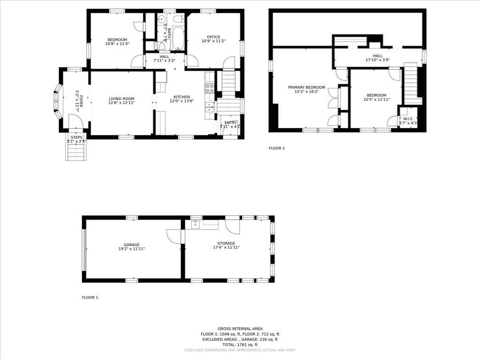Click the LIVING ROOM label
tap(121, 99)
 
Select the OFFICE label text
tap(214, 37)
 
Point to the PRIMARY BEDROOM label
tap(306, 87)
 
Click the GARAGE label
tap(132, 245)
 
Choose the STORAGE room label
tap(226, 243)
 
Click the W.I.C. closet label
tap(407, 119)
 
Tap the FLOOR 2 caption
tap(277, 148)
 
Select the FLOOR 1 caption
tap(90, 297)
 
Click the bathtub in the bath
tap(179, 38)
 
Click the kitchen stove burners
tap(210, 89)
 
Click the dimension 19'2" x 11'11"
tap(132, 249)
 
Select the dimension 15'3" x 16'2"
tap(306, 92)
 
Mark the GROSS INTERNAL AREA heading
tap(240, 329)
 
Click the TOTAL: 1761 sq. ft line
tap(240, 345)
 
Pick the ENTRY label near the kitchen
tap(231, 122)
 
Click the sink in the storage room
tap(195, 225)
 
